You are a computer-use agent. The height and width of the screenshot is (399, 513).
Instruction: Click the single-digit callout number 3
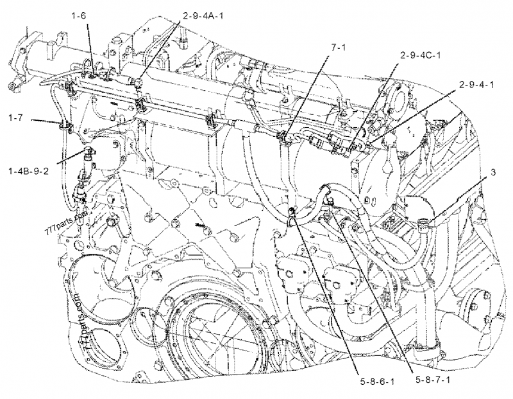tap(492, 172)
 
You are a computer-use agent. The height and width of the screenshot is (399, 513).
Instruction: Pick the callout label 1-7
tap(17, 118)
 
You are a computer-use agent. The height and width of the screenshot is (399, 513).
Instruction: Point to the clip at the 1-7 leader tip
tap(63, 123)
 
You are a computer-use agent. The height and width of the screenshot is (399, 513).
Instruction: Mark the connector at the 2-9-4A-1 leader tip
tap(139, 82)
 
